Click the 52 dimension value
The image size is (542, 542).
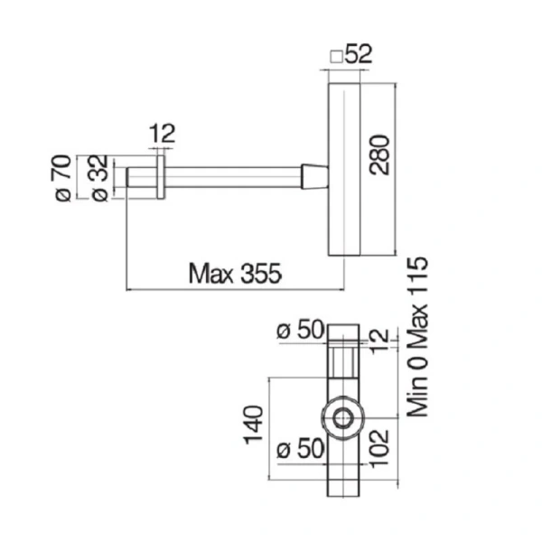tap(359, 54)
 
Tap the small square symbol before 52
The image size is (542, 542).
tap(336, 57)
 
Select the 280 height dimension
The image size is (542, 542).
tap(379, 154)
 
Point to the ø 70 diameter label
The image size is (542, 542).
tap(63, 178)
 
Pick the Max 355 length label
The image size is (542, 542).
tap(235, 274)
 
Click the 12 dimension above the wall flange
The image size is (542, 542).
tap(162, 134)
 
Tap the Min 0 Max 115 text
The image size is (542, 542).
tap(417, 337)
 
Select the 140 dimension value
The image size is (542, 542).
tap(254, 425)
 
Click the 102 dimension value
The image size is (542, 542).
tap(379, 448)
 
